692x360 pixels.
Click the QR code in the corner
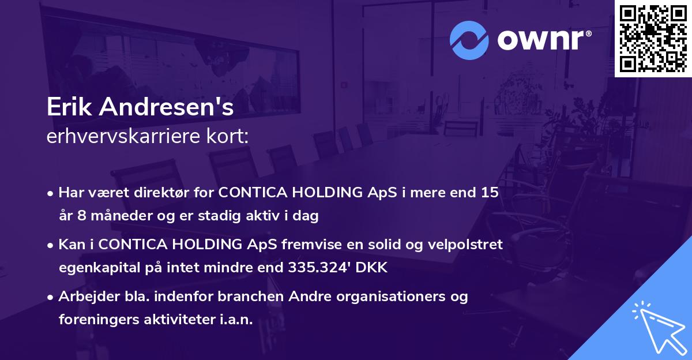click(x=653, y=38)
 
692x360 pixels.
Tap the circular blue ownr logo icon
click(x=469, y=40)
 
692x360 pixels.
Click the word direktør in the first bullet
click(x=163, y=193)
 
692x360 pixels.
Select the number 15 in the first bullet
click(x=490, y=193)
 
